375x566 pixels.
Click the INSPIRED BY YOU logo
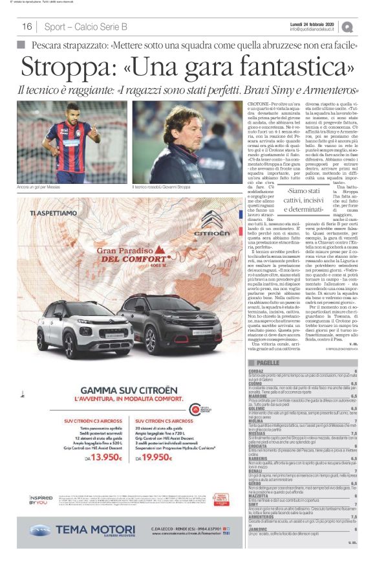[x=41, y=500]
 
